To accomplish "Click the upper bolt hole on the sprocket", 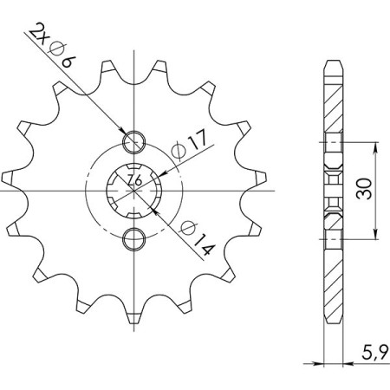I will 135,142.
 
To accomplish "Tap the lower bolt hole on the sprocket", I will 135,237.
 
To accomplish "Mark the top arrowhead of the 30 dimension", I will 374,146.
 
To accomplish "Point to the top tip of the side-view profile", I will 332,63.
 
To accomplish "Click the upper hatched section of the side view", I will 332,100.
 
